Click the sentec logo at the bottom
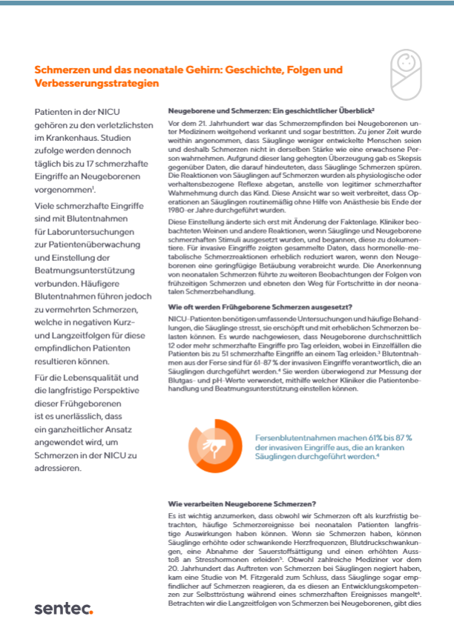(x=64, y=609)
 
